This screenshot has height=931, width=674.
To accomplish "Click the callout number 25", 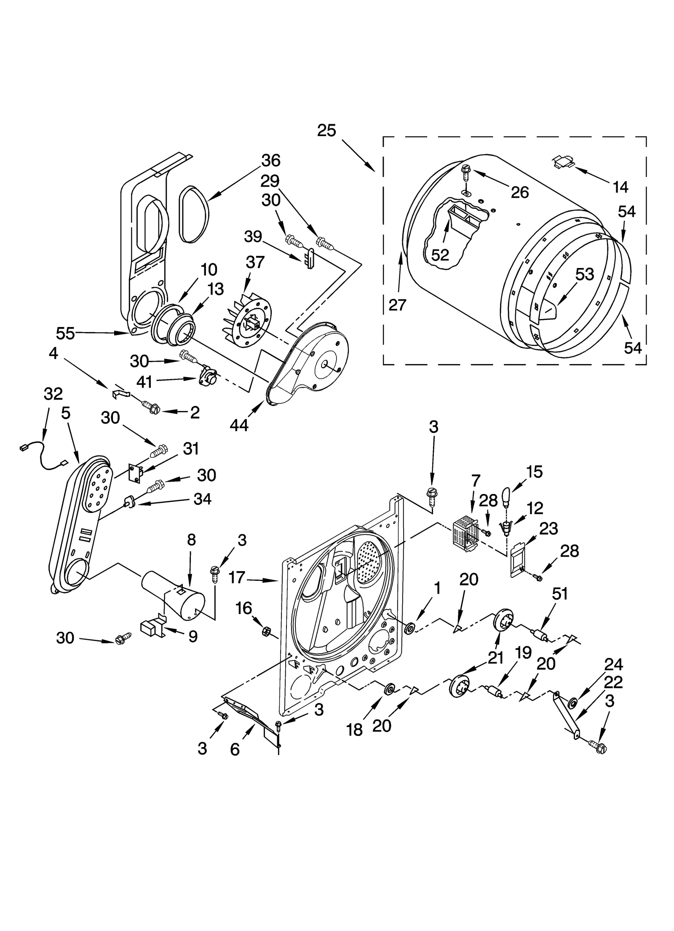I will tap(326, 131).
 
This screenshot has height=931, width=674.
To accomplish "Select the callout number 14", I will tap(620, 186).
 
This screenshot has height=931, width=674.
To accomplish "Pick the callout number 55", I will tap(65, 333).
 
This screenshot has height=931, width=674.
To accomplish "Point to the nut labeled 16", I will tap(266, 631).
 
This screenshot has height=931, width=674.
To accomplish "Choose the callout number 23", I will tap(548, 528).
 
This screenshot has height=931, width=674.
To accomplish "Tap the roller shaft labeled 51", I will tap(540, 634).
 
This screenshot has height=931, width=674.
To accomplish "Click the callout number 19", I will tap(523, 653).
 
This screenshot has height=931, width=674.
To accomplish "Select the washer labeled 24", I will tap(572, 703).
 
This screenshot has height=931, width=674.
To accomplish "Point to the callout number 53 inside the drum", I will tap(584, 274).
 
